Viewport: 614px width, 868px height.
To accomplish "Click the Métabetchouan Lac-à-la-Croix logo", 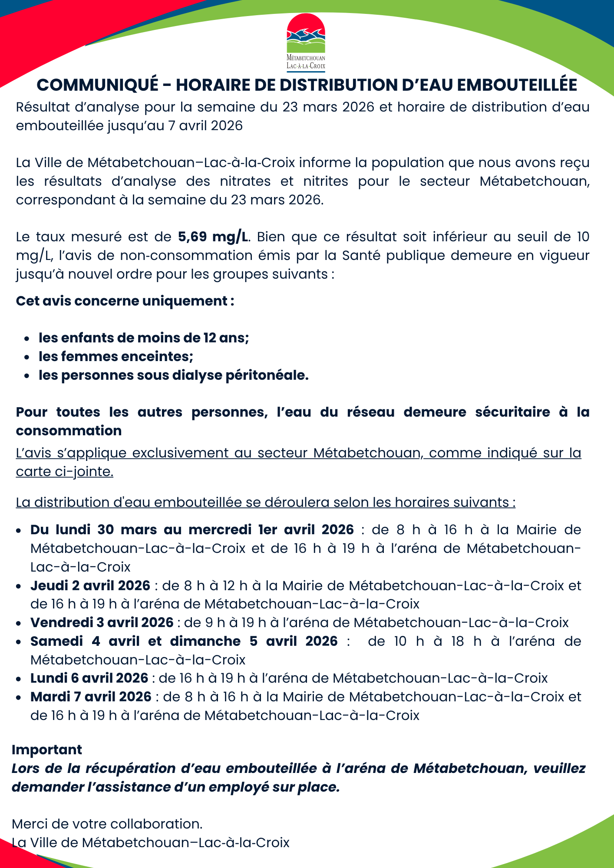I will point(306,42).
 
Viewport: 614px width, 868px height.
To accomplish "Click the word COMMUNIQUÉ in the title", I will point(98,85).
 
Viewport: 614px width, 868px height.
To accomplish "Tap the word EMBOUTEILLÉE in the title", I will point(517,85).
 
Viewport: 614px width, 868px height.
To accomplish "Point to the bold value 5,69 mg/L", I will point(214,237).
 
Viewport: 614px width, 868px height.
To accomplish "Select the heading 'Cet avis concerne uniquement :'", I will point(125,301).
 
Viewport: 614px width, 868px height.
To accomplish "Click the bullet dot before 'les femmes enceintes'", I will point(27,357).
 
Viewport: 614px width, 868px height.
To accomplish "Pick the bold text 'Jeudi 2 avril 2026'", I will point(90,586).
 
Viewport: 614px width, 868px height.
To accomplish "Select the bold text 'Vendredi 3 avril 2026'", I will point(102,623).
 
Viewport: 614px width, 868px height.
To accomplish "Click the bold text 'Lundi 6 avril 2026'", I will point(89,678).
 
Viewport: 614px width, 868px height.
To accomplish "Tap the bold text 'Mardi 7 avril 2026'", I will point(91,697).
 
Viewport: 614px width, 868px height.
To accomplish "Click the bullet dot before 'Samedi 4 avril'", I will point(19,642).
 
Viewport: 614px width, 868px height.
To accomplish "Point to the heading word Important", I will point(47,750).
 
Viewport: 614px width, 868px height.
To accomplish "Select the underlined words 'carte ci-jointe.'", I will point(65,472).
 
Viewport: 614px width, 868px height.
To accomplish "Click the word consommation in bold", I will point(69,431).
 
